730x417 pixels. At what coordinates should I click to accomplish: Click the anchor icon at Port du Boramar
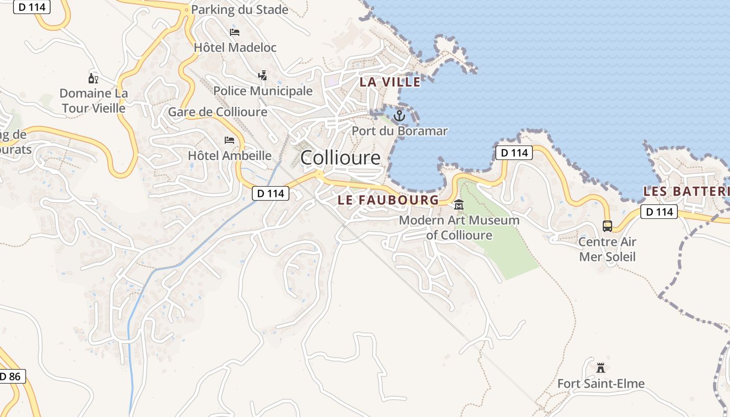(x=399, y=115)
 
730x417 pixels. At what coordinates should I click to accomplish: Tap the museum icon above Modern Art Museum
(x=459, y=205)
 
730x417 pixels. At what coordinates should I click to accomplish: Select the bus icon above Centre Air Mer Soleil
(x=607, y=226)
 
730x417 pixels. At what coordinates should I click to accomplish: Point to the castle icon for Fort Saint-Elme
(x=601, y=368)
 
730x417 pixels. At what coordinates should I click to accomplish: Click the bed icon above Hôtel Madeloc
(x=235, y=32)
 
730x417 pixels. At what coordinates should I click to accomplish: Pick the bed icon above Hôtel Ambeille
(x=229, y=140)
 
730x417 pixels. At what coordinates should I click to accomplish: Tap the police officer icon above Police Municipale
(x=263, y=76)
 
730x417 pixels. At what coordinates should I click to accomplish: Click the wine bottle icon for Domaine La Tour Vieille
(x=93, y=79)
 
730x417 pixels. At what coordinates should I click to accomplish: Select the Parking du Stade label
(x=239, y=9)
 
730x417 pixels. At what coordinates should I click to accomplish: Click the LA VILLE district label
(x=390, y=82)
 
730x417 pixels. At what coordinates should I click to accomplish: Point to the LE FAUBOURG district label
(x=388, y=200)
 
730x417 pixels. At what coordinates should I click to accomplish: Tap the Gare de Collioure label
(x=217, y=112)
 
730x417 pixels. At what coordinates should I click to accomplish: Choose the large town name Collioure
(x=340, y=157)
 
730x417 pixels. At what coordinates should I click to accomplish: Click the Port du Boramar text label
(x=399, y=131)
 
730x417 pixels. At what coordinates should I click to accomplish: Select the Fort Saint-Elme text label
(x=601, y=384)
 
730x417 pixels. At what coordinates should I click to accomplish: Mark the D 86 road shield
(x=11, y=376)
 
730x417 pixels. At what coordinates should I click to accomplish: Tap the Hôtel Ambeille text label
(x=229, y=155)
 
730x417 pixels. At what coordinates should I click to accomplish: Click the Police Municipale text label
(x=263, y=91)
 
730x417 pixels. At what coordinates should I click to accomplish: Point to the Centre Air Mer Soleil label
(x=607, y=249)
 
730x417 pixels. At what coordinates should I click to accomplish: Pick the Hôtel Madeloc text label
(x=235, y=47)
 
